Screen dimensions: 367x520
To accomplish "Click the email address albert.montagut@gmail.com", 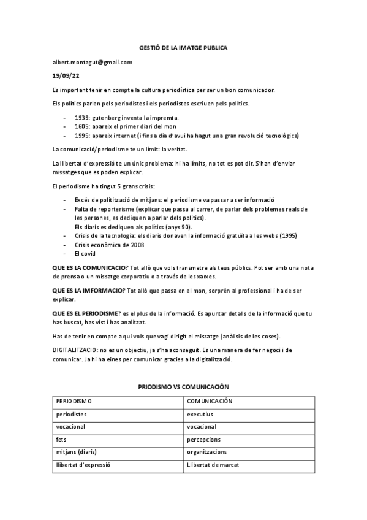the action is pyautogui.click(x=92, y=62).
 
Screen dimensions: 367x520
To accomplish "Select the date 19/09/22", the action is pyautogui.click(x=66, y=76).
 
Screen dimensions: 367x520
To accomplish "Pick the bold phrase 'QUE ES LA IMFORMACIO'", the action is pyautogui.click(x=88, y=291).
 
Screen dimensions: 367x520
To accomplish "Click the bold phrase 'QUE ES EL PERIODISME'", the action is pyautogui.click(x=86, y=313).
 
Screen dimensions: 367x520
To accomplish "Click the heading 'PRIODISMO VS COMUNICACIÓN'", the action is pyautogui.click(x=183, y=388).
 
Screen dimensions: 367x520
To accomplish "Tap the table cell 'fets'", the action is pyautogui.click(x=61, y=439).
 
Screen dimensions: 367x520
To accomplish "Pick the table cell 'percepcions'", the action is pyautogui.click(x=203, y=439).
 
